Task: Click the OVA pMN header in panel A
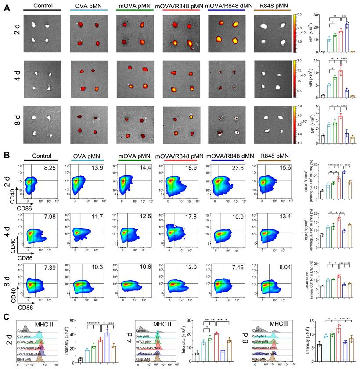88,8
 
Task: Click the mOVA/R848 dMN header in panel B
226,156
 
